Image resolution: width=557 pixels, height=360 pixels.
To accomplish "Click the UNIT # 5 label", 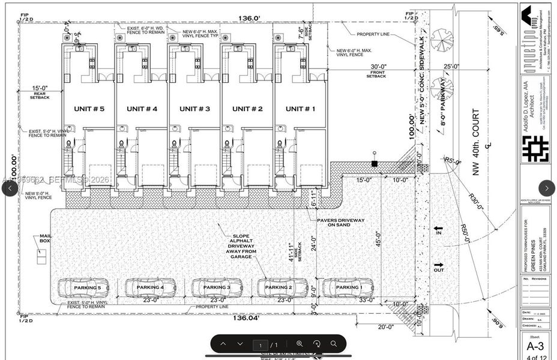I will click(89, 109).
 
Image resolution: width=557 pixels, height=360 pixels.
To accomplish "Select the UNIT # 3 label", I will click(196, 109).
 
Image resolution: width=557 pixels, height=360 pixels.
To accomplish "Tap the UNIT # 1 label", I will click(301, 109).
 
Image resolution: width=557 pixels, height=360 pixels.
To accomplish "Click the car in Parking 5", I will click(83, 287).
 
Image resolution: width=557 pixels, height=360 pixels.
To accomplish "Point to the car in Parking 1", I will click(348, 287).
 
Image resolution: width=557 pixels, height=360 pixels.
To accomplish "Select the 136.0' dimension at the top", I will click(249, 18).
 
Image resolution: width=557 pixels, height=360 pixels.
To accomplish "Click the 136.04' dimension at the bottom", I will click(247, 318).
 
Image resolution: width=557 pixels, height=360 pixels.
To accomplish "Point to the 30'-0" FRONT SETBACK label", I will click(376, 71).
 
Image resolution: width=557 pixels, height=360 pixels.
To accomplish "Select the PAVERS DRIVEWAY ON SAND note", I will click(340, 223).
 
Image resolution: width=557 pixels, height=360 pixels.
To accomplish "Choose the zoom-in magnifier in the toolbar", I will click(300, 344).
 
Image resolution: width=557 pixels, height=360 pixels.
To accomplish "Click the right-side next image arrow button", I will click(547, 188).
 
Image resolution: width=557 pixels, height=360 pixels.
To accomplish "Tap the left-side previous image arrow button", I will click(10, 188).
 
